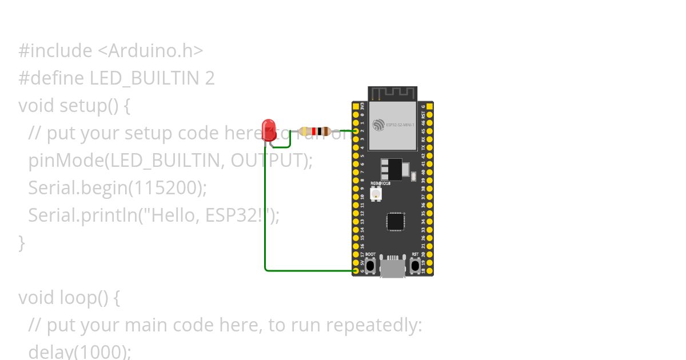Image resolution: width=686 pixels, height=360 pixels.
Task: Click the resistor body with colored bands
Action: coord(314,131)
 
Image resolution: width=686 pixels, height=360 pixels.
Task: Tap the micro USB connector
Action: coord(393,267)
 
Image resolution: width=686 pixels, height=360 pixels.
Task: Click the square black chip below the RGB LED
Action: coord(395,221)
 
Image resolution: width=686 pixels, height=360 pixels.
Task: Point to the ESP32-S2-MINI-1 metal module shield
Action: coord(392,126)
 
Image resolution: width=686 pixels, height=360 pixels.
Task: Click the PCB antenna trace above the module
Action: coord(392,93)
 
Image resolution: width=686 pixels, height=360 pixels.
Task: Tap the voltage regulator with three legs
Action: coord(392,169)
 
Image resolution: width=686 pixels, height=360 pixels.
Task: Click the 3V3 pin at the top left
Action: coord(356,107)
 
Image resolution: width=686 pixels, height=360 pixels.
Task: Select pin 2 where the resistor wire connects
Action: coord(356,131)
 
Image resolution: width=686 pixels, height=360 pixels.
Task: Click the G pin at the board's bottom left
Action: coord(356,270)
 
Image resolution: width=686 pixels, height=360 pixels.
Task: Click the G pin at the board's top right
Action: coord(429,107)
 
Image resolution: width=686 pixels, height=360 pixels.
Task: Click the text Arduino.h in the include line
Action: coord(151,51)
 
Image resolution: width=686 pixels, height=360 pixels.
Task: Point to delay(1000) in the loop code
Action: coord(79,351)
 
